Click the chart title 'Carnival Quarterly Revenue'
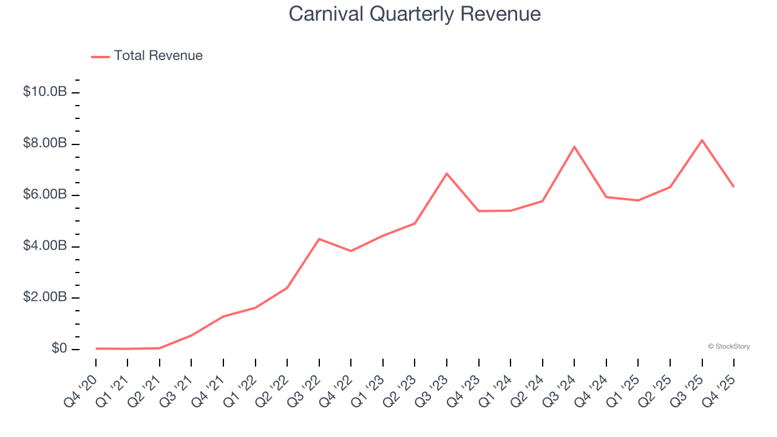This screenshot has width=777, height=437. [x=415, y=13]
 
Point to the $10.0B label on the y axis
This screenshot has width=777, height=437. [x=45, y=92]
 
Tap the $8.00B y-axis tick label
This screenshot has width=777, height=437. [x=45, y=144]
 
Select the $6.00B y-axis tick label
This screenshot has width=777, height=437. [x=45, y=195]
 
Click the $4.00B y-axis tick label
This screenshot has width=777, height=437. [x=45, y=246]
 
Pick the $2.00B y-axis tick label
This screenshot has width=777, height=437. [x=45, y=297]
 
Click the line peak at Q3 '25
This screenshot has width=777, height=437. [x=702, y=140]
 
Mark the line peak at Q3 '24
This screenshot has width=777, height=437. [x=574, y=147]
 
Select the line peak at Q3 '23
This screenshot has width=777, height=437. [x=447, y=174]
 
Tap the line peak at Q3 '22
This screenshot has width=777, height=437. [x=319, y=239]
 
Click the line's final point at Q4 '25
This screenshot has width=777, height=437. [x=733, y=186]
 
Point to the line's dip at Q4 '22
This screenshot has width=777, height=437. [x=351, y=251]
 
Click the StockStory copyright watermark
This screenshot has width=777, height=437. [x=728, y=347]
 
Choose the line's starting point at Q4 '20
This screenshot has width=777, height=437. [x=96, y=348]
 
